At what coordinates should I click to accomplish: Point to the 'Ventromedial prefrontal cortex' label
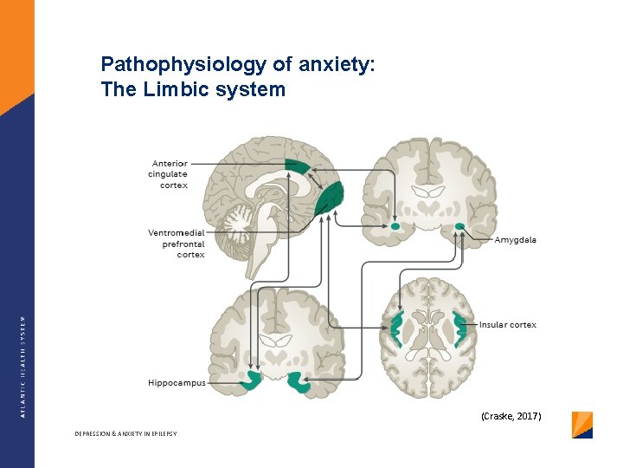[x=177, y=244]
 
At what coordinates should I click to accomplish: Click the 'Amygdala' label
[x=516, y=240]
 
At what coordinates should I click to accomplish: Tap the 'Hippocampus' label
[x=177, y=382]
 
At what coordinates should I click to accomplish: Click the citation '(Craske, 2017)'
[x=511, y=417]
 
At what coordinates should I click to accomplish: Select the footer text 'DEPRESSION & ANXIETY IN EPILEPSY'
[x=125, y=433]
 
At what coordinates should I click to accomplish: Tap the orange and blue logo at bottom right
[x=582, y=425]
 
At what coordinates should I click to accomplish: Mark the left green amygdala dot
[x=395, y=226]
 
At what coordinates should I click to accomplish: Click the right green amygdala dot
[x=459, y=227]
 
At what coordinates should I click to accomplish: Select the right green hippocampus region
[x=299, y=381]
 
